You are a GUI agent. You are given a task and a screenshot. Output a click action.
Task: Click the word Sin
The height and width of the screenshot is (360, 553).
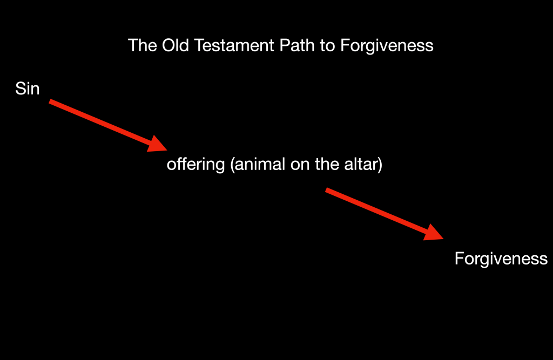(x=27, y=89)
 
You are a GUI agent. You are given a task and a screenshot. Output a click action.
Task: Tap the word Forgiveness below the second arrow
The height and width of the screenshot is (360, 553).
(x=501, y=259)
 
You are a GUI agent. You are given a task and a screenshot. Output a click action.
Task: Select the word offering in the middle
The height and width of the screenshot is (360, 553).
(x=195, y=165)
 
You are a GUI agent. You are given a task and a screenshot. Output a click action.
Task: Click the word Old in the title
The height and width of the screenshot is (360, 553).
(x=176, y=45)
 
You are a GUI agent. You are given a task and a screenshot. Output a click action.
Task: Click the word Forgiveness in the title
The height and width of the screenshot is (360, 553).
(x=387, y=46)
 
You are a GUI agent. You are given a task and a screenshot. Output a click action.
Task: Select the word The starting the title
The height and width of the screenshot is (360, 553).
(x=143, y=45)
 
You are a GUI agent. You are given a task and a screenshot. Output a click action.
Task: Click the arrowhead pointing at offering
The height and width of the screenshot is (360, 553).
(x=158, y=144)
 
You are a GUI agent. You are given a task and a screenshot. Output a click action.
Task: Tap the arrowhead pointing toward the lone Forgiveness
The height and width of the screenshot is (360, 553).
(x=434, y=233)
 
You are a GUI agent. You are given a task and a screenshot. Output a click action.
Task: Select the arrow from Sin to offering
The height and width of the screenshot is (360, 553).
(x=108, y=126)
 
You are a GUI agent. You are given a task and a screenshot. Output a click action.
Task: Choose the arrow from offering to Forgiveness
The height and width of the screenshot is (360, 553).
(x=385, y=214)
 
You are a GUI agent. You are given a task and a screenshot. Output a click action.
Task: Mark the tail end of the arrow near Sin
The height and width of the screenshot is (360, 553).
(x=50, y=101)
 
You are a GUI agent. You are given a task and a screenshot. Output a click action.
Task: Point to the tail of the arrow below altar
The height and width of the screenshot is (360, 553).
(x=326, y=190)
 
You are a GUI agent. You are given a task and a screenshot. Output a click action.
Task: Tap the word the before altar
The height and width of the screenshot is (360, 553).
(x=327, y=164)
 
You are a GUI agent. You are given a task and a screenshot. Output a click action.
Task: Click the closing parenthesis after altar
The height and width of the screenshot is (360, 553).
(x=380, y=165)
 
